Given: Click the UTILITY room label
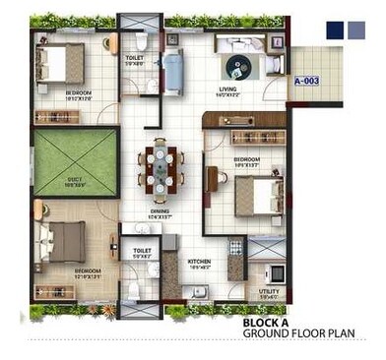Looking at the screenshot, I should coord(268,291).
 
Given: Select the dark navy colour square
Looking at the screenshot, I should coord(336,30).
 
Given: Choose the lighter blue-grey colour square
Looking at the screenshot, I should coord(355,30).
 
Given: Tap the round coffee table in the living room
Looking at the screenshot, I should coord(237,66).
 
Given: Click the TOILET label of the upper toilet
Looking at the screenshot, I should coord(134,58).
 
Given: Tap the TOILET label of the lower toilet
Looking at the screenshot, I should coord(141,252).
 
